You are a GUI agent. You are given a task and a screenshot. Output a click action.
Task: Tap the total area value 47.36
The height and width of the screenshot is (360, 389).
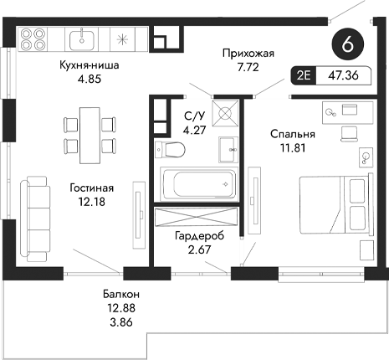pyautogui.click(x=344, y=75)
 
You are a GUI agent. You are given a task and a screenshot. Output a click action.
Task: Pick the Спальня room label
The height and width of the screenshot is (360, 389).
pyautogui.click(x=292, y=133)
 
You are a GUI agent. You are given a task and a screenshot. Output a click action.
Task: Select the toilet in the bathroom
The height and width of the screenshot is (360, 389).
pyautogui.click(x=170, y=151)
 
